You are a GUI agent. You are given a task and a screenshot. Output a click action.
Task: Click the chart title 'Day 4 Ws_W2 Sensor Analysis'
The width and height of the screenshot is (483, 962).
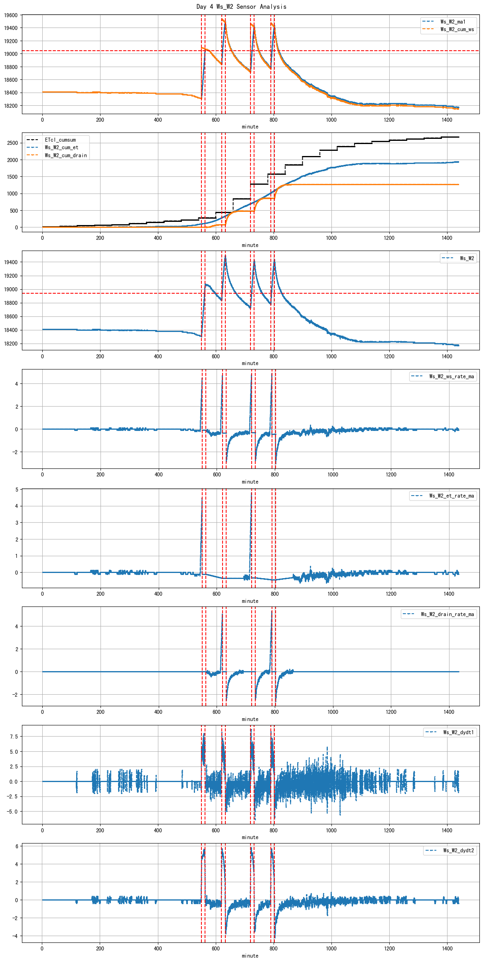pyautogui.click(x=241, y=6)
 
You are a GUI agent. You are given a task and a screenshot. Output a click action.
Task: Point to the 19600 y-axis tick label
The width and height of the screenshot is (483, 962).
pyautogui.click(x=11, y=15)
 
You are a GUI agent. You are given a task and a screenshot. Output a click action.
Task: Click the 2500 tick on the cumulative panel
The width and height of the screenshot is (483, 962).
pyautogui.click(x=12, y=143)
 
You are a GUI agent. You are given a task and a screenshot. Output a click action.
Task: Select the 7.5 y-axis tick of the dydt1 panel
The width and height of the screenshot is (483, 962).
pyautogui.click(x=14, y=737)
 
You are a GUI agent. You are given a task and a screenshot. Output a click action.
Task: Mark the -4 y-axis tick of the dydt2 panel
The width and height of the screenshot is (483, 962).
pyautogui.click(x=15, y=936)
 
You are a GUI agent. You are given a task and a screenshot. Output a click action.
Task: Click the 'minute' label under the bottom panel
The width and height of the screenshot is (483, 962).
pyautogui.click(x=250, y=956)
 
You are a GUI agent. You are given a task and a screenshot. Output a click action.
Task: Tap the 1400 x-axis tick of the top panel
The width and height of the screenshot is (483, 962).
pyautogui.click(x=447, y=120)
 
